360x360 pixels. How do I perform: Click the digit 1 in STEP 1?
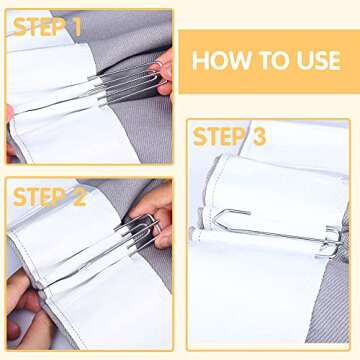coord(74,27)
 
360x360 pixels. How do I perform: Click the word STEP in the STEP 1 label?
coord(36,27)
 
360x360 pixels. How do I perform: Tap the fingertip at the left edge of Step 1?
coord(10,125)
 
